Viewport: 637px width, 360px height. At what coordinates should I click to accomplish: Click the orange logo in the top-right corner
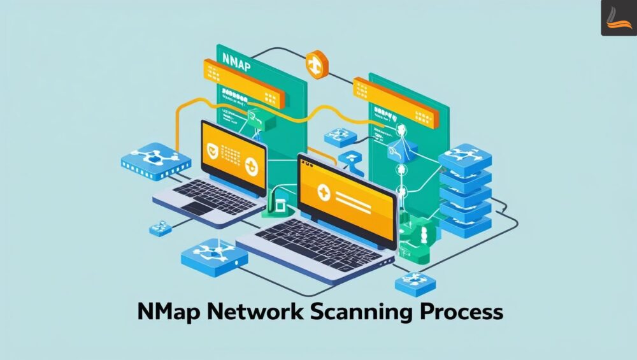[x=618, y=18]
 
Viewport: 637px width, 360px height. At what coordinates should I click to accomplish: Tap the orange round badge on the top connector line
[x=316, y=62]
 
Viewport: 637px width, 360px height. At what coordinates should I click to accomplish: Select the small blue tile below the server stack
[x=415, y=282]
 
